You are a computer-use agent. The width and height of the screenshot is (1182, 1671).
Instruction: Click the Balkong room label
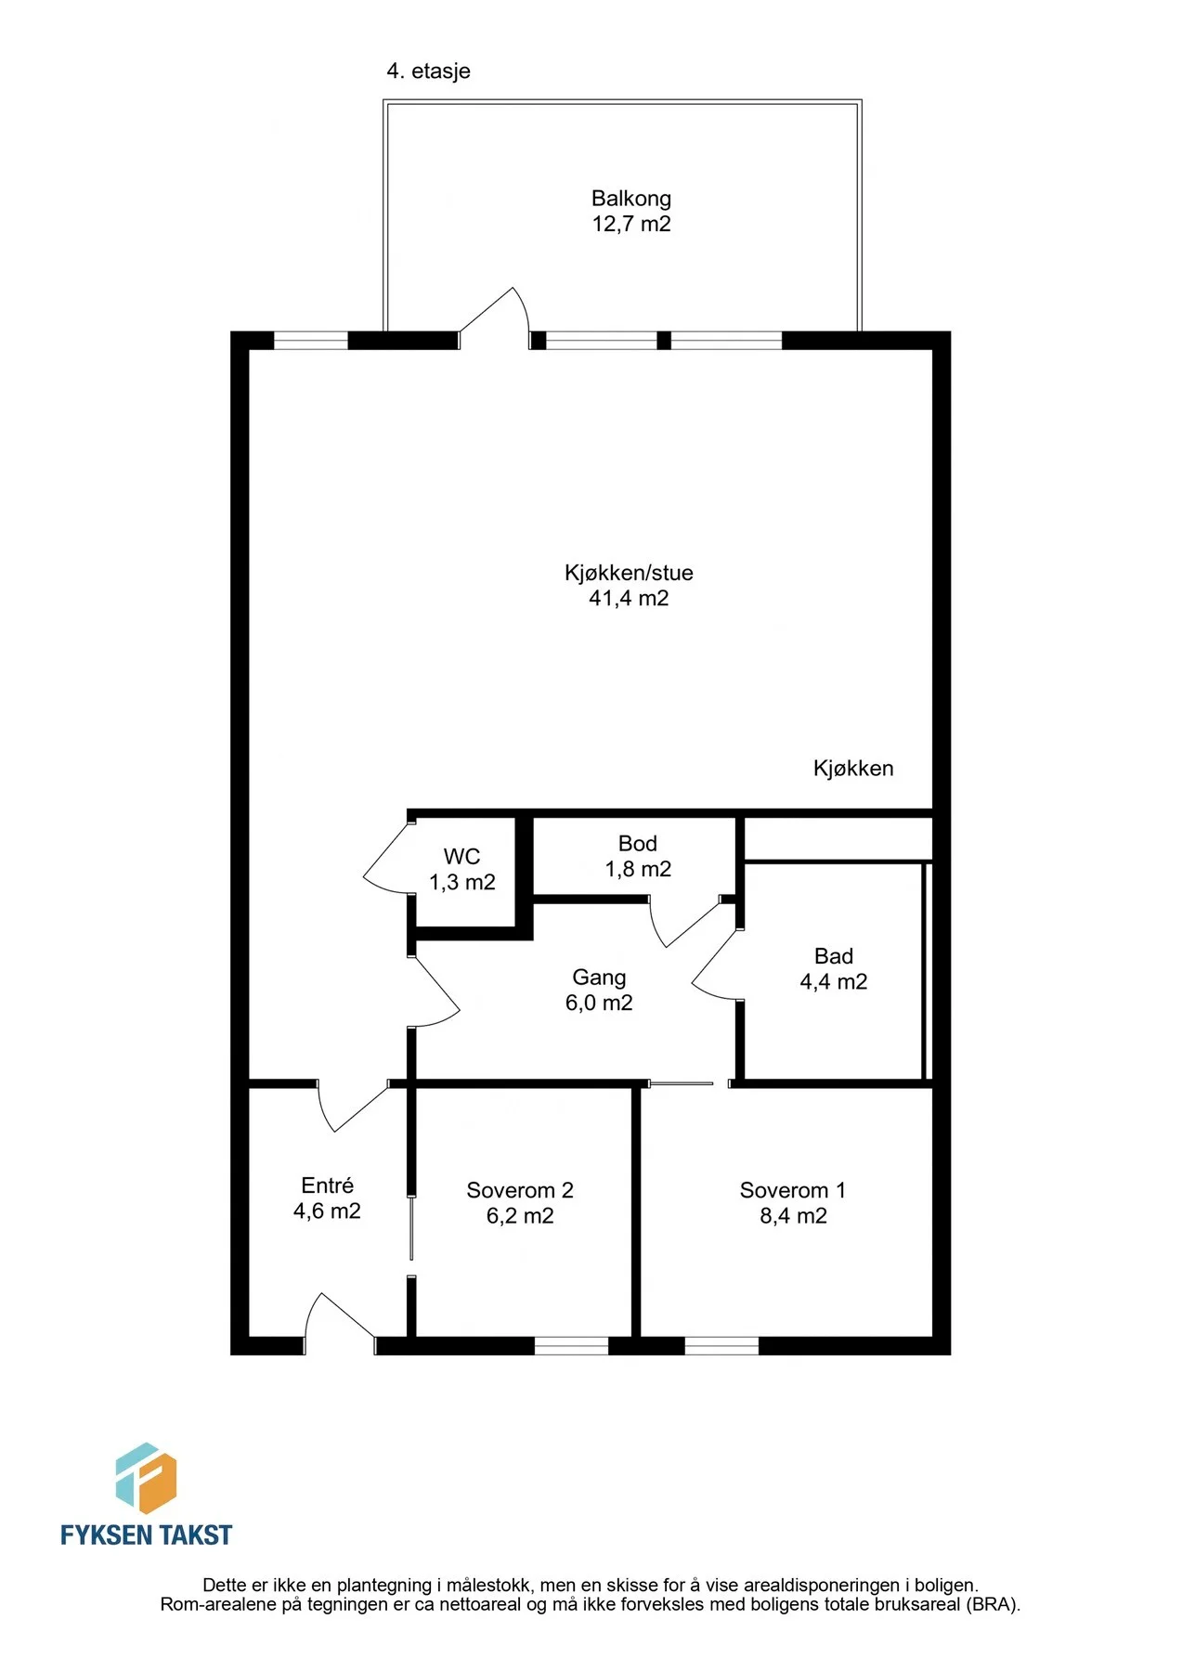[x=631, y=198]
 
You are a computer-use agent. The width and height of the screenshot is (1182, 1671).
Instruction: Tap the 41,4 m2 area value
[x=629, y=598]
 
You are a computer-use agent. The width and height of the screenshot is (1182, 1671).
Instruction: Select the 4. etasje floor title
[x=429, y=71]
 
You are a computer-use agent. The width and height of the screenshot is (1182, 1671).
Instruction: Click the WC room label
[x=461, y=856]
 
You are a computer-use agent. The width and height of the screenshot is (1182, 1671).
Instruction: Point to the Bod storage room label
[x=638, y=843]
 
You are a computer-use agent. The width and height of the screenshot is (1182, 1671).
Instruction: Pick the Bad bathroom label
[x=834, y=955]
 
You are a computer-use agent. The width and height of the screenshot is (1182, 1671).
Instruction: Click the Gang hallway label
[x=599, y=978]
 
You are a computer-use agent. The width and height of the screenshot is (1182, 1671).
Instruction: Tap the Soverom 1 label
[x=793, y=1190]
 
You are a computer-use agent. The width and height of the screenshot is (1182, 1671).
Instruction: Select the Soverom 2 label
[x=520, y=1190]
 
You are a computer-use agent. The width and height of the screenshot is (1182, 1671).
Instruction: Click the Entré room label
[x=328, y=1185]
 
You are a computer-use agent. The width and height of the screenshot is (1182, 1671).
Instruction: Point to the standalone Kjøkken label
[x=853, y=768]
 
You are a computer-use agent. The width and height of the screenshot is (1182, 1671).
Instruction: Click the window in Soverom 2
[x=571, y=1345]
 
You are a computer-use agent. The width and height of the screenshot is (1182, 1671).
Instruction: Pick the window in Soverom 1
[x=721, y=1345]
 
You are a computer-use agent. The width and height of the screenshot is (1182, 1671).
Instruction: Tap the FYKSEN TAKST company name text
[x=146, y=1535]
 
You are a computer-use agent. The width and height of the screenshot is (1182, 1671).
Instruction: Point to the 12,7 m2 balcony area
[x=631, y=224]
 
